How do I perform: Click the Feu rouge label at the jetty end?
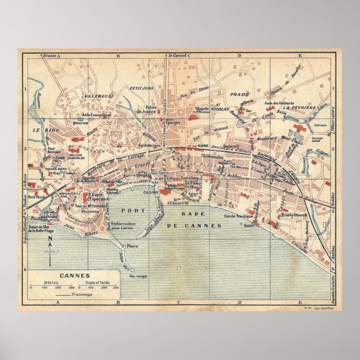136,276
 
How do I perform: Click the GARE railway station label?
203,144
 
